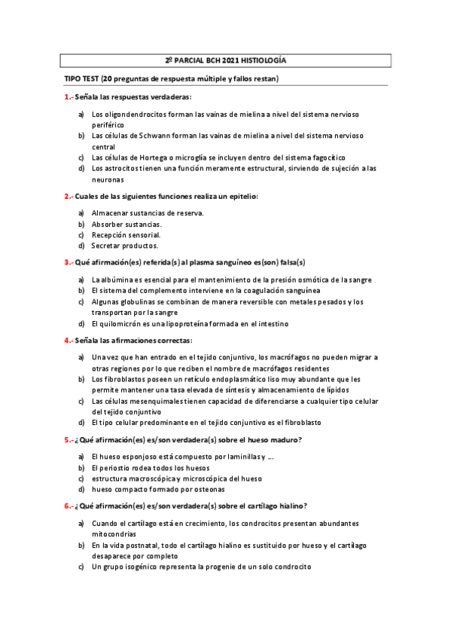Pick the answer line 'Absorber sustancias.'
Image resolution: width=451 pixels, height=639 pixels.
click(126, 224)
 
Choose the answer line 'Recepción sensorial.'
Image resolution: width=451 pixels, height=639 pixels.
click(126, 234)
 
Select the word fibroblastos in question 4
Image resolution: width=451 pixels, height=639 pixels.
click(126, 379)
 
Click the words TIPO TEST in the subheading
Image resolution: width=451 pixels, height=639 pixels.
click(82, 79)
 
